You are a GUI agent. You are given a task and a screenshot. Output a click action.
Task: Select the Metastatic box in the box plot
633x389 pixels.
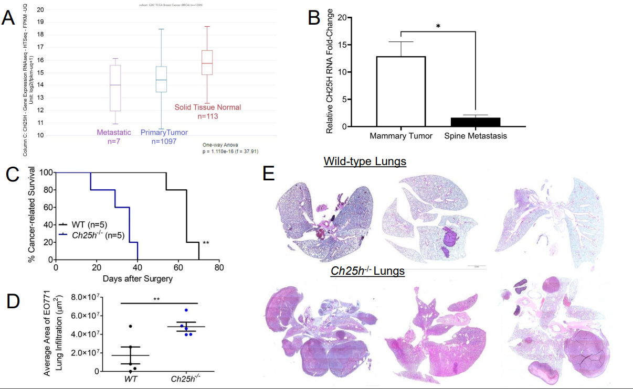click(x=115, y=88)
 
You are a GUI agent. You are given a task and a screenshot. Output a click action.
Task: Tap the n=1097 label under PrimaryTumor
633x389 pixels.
click(x=163, y=141)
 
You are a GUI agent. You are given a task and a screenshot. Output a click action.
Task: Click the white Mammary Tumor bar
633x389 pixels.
click(x=401, y=91)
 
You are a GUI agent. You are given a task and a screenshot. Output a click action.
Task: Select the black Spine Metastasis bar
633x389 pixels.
click(x=476, y=122)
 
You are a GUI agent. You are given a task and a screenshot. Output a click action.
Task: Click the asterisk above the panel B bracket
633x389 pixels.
click(x=438, y=26)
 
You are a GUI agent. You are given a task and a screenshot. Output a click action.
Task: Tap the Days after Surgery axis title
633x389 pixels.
click(x=138, y=278)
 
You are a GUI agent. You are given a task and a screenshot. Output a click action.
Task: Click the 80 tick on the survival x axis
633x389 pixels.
click(x=219, y=267)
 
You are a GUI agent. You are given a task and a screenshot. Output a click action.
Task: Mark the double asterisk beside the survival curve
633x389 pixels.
click(x=206, y=243)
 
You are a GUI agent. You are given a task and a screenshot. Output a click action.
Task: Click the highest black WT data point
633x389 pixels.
click(x=131, y=327)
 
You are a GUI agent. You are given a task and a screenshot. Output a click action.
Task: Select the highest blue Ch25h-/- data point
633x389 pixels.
click(x=186, y=310)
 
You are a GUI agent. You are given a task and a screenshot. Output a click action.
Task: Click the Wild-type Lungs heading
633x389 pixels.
click(x=365, y=161)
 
